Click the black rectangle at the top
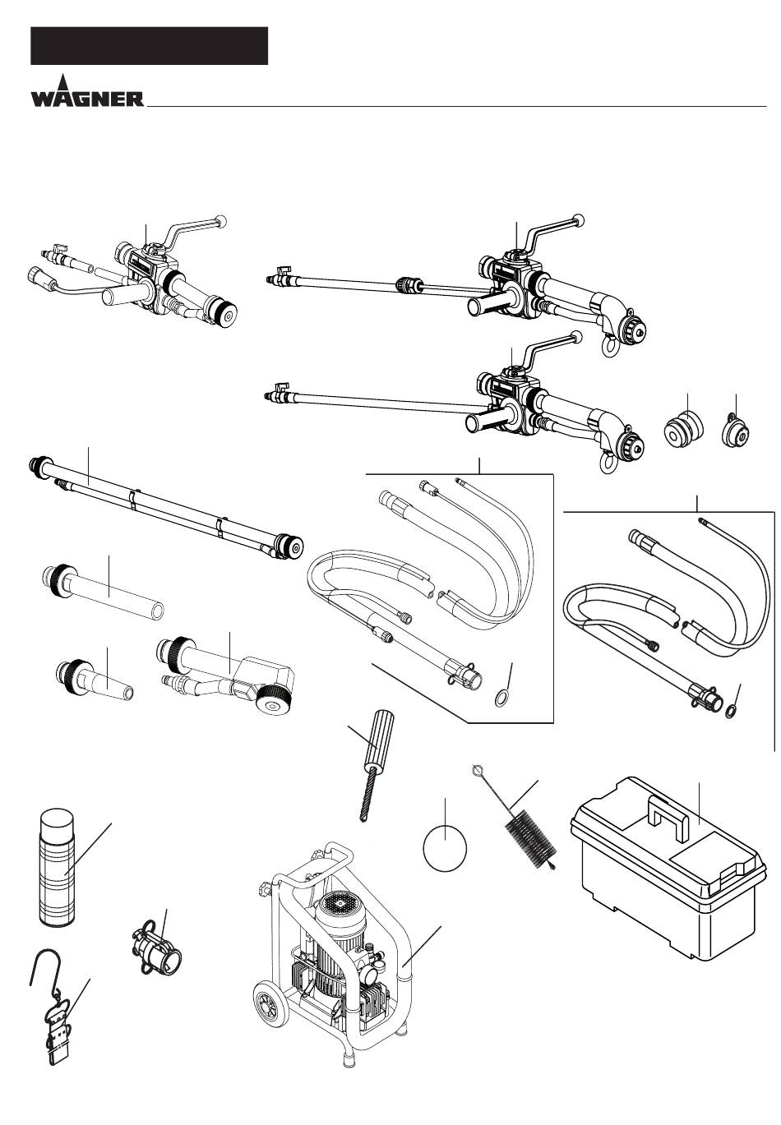coord(149,46)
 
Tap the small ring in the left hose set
coord(501,699)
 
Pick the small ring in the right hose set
coord(732,711)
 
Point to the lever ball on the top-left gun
coord(220,221)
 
